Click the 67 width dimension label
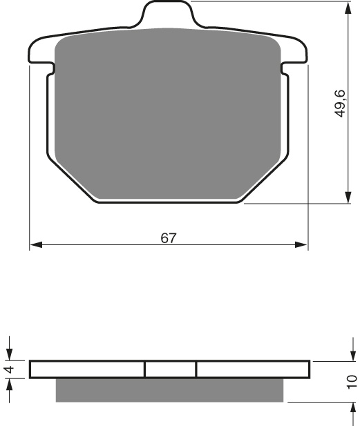(x=169, y=238)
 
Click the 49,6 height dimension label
(x=339, y=104)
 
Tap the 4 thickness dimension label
(x=10, y=369)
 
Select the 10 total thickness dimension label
(x=352, y=382)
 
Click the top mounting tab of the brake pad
(x=168, y=14)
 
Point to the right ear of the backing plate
(x=294, y=52)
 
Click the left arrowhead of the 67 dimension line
(x=36, y=245)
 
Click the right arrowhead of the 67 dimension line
(x=301, y=245)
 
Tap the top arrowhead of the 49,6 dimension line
(x=348, y=8)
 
